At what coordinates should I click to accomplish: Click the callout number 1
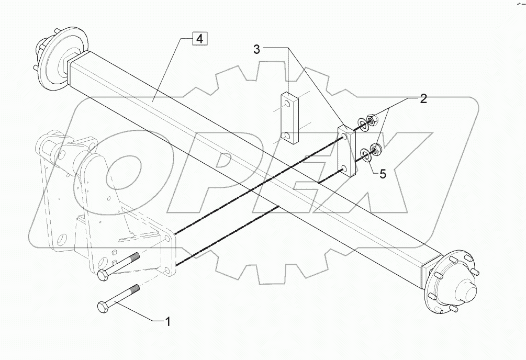click(x=167, y=321)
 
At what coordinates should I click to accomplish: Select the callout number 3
click(x=256, y=50)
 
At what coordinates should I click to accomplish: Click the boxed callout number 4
click(x=199, y=38)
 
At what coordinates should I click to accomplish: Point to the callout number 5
click(x=383, y=174)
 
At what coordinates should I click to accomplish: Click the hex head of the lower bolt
click(x=103, y=307)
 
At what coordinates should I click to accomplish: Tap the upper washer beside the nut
click(x=362, y=125)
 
